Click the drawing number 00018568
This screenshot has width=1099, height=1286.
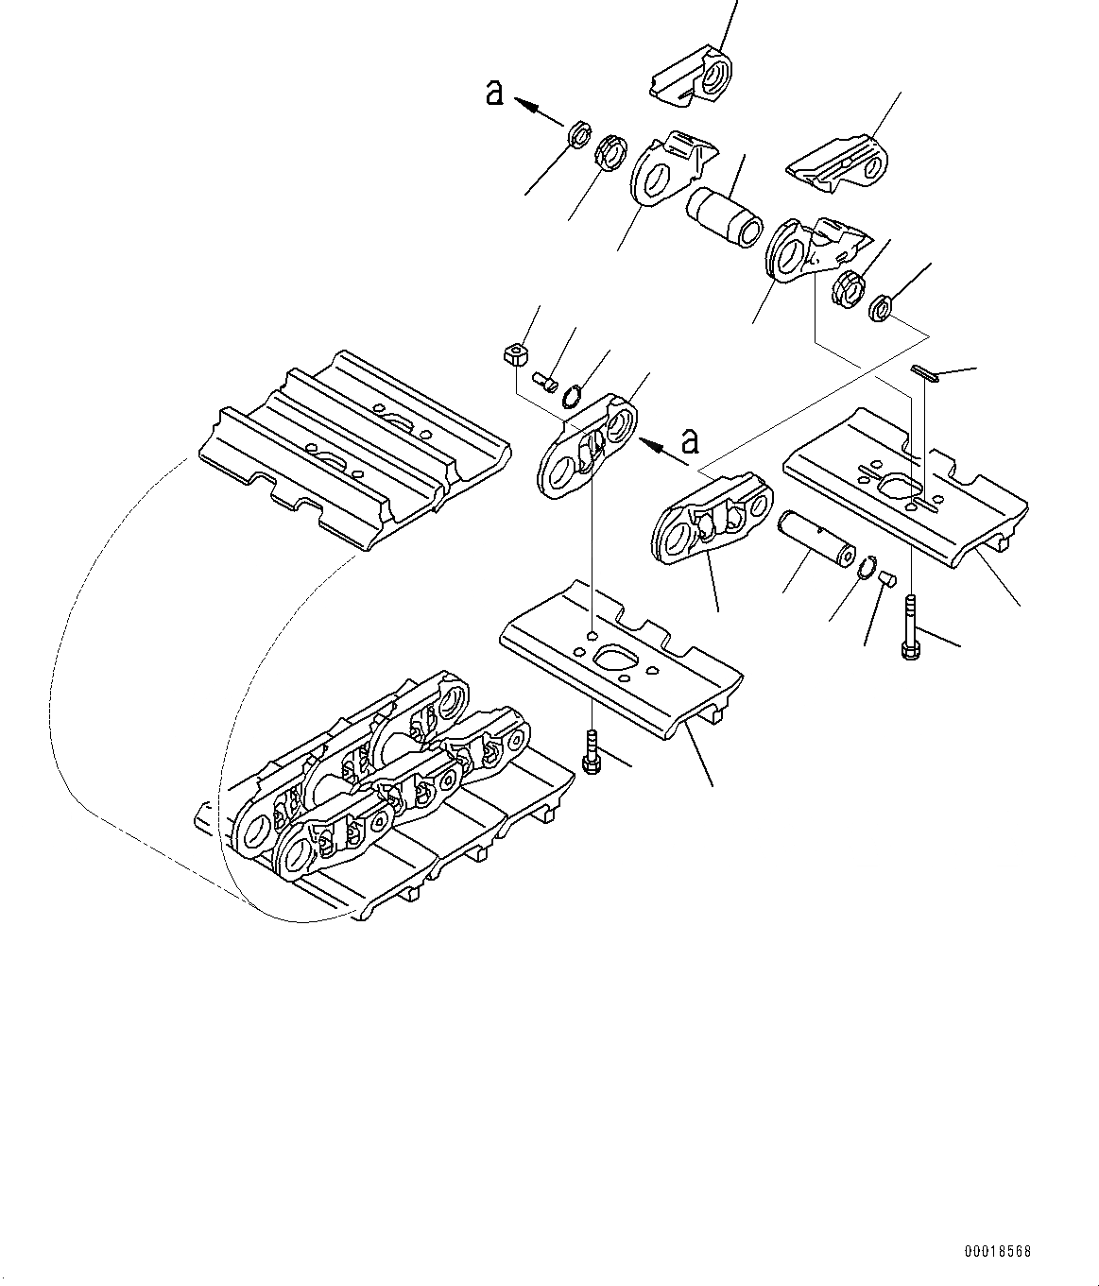tap(997, 1252)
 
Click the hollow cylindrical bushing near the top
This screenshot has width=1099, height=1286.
tap(724, 216)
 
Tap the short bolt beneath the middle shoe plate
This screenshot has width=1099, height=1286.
tap(591, 753)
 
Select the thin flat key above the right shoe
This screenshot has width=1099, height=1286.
tap(924, 375)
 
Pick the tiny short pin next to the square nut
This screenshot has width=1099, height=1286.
tap(544, 381)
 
